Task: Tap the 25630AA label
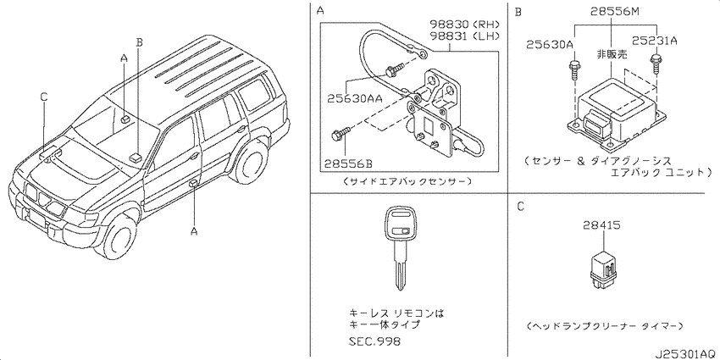(355, 98)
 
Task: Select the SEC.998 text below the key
(374, 341)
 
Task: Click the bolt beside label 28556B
(340, 133)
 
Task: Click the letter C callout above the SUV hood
(42, 97)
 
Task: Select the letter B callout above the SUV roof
(140, 41)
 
